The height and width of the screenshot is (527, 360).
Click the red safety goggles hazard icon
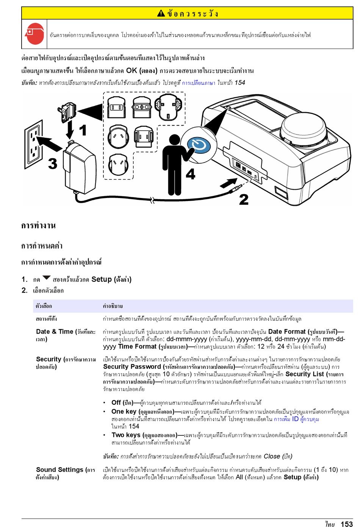[x=34, y=34]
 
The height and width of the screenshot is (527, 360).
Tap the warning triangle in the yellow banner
[x=161, y=14]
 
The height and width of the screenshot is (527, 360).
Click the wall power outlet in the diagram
[x=33, y=144]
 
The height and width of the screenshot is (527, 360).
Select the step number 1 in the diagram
[x=83, y=130]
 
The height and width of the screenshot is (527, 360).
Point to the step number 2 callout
[x=244, y=200]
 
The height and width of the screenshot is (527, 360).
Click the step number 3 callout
[x=53, y=164]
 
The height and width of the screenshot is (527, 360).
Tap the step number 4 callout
[x=191, y=174]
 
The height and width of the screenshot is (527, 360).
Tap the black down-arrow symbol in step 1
[x=46, y=278]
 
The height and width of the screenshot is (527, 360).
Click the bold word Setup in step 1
[x=102, y=279]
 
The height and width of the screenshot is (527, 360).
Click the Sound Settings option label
[x=59, y=470]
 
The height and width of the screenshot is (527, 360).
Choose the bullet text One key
[x=124, y=412]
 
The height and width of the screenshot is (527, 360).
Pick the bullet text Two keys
[x=126, y=435]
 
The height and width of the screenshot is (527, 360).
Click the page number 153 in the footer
[x=346, y=524]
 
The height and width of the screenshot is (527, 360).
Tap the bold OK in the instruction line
[x=131, y=70]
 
